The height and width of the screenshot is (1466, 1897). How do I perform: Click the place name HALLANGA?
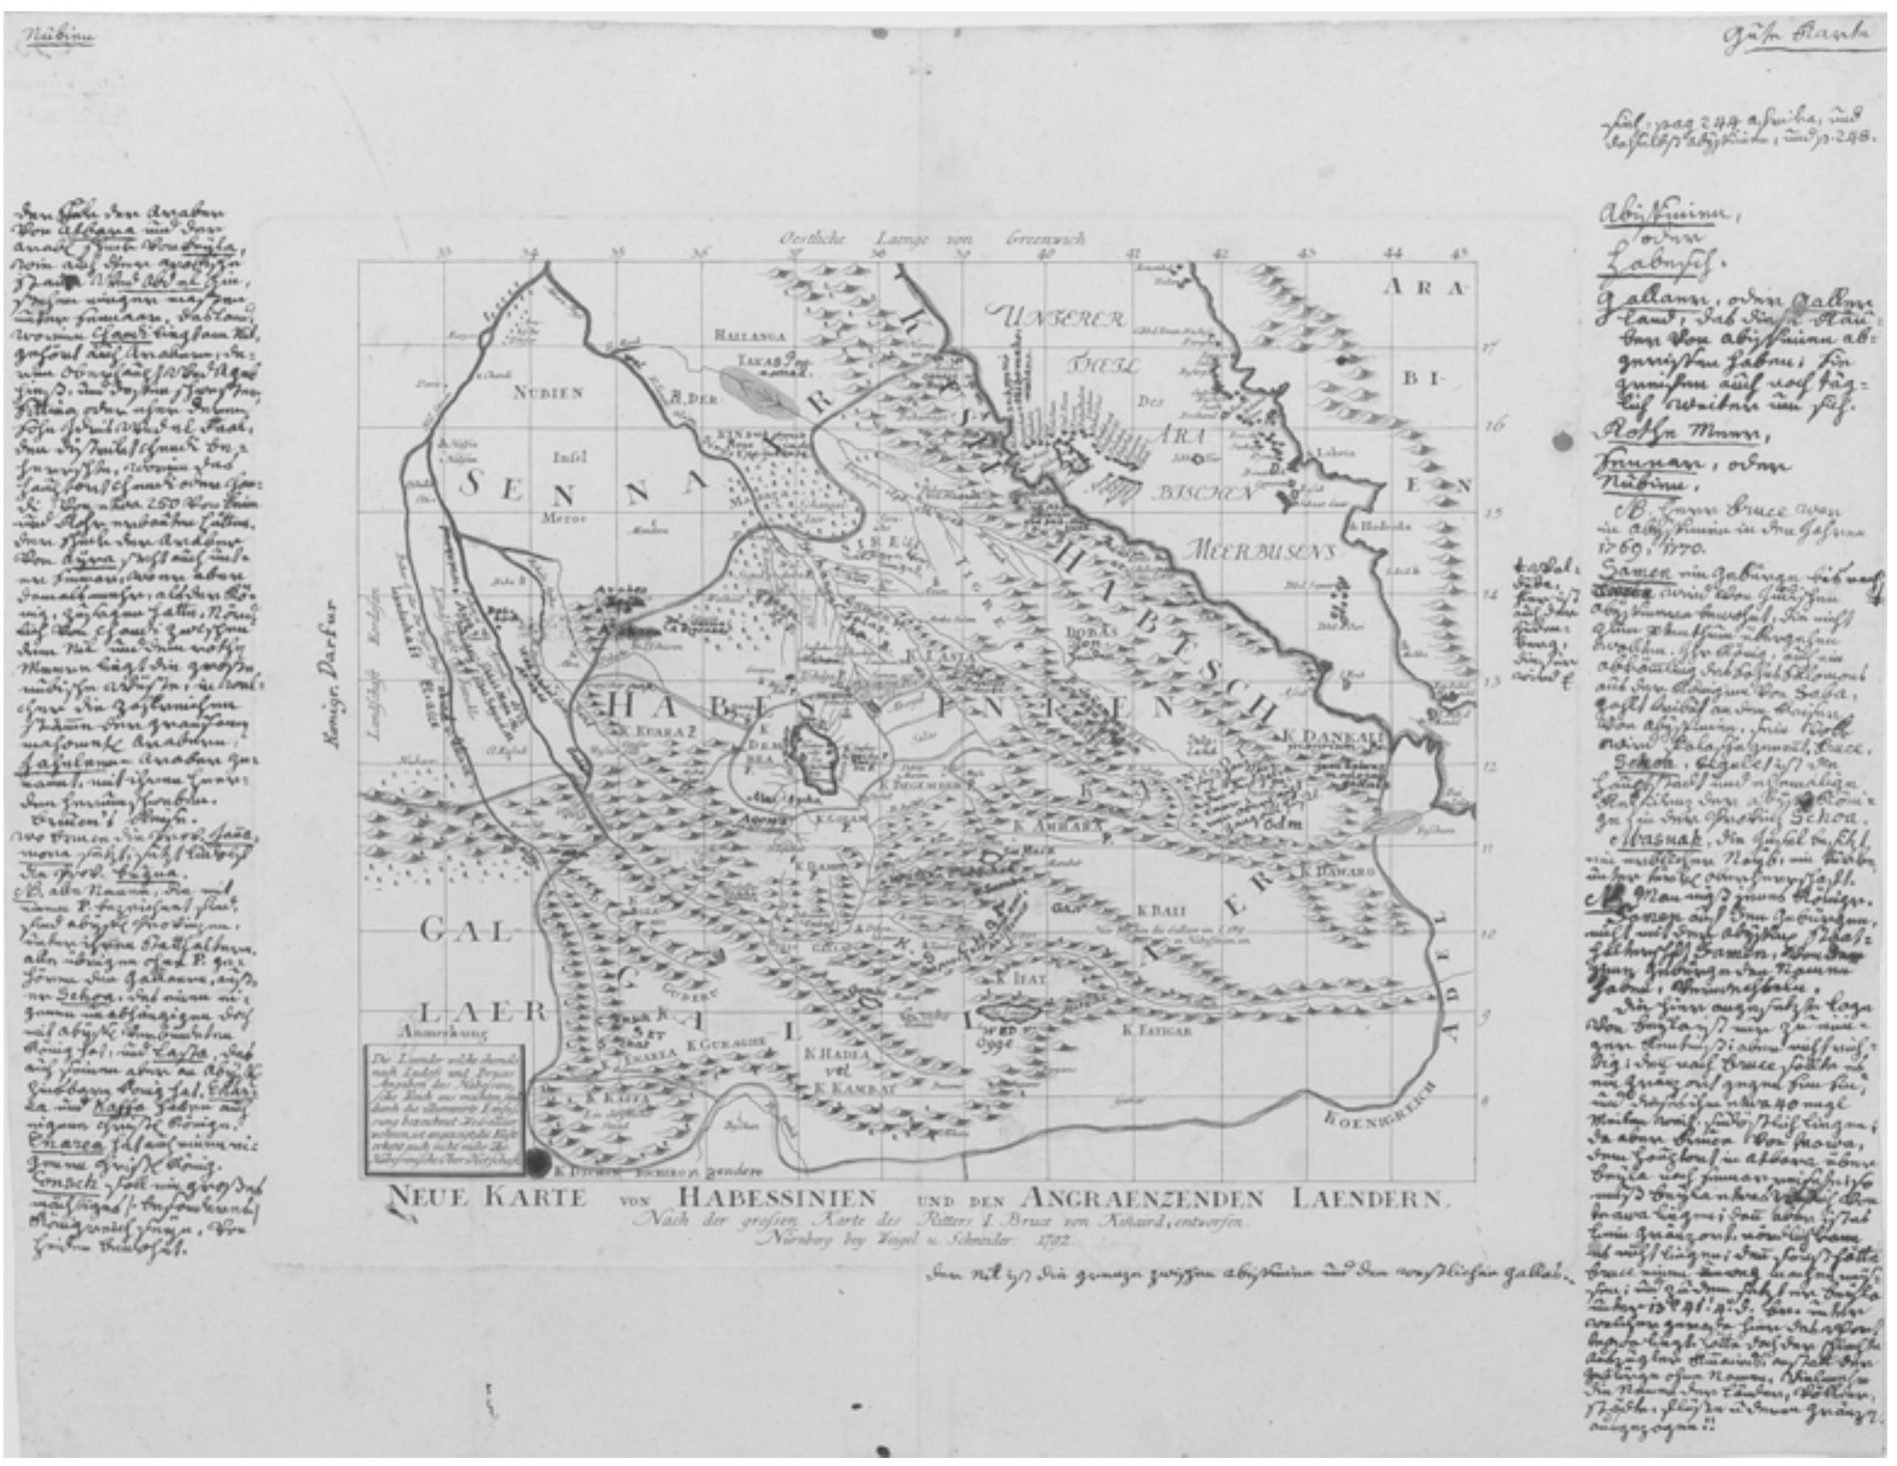(x=749, y=333)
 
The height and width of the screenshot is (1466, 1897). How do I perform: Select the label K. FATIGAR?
(x=1156, y=1031)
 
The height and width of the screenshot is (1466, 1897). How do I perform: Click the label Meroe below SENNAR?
(x=553, y=521)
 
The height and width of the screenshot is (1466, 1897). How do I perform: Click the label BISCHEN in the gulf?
(x=1204, y=493)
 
